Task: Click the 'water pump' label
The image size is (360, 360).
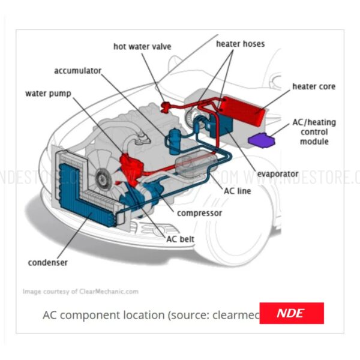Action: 49,94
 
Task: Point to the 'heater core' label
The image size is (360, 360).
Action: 314,87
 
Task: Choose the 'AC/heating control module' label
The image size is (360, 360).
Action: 314,131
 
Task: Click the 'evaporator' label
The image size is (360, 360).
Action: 277,174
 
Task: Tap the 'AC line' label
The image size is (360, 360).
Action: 236,191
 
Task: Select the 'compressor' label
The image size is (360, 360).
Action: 200,213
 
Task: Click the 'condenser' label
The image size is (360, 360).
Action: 47,262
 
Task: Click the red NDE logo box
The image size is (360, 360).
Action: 291,313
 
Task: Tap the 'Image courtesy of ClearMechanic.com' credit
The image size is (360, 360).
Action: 80,292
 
